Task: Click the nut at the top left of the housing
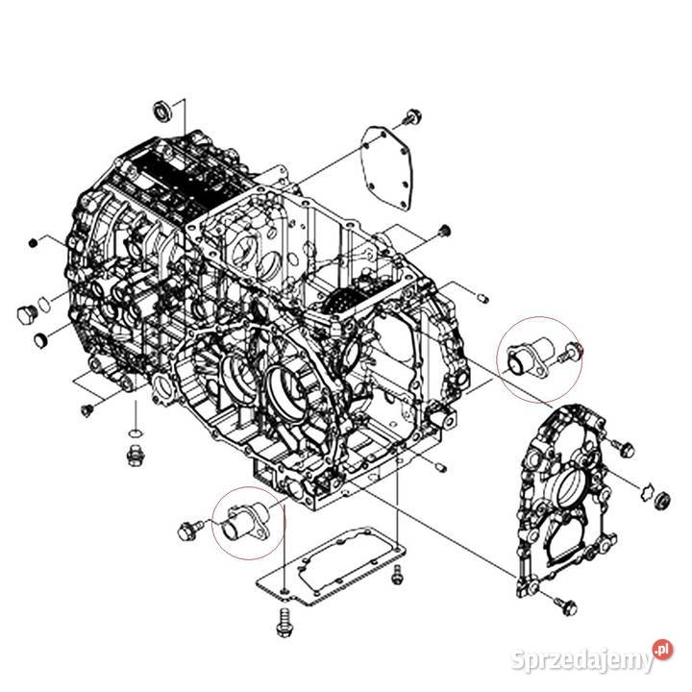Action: coord(162,109)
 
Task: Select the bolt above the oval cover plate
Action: coord(413,118)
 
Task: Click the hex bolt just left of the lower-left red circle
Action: coord(189,528)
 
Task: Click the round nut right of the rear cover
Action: coord(661,499)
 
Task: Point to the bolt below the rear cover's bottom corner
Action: coord(565,605)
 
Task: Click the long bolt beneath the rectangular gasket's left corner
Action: coord(283,619)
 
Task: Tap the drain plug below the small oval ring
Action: coord(136,453)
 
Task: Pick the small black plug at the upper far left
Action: coord(32,240)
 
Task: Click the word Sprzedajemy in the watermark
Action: coord(582,661)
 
